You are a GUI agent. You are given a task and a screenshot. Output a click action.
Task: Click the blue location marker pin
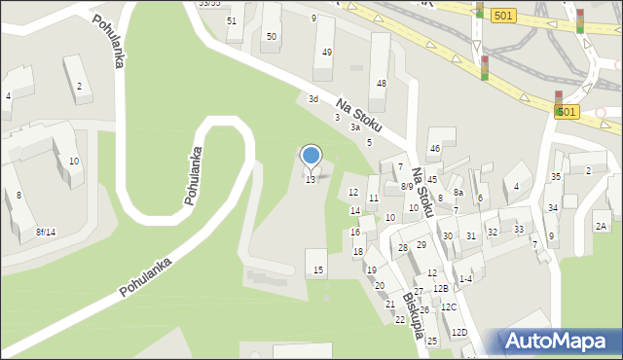pos(311,157)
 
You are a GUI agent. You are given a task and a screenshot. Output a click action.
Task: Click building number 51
pos(231,20)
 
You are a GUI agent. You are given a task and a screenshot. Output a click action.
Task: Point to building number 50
pos(271,36)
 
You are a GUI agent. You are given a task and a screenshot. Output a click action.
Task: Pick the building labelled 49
pos(326,53)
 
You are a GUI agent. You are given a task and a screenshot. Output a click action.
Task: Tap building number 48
pos(382,84)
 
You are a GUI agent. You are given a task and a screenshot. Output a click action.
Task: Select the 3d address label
pos(313,99)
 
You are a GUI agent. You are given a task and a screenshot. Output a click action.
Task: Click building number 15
pos(318,269)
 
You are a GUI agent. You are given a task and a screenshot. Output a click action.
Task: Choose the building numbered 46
pos(435,148)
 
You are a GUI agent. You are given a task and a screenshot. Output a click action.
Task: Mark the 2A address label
pos(602,226)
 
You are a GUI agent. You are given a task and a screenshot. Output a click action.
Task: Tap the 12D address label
pos(458,333)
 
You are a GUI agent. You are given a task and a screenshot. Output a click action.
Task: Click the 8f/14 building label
pos(46,232)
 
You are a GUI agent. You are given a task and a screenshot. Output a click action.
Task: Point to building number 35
pos(556,176)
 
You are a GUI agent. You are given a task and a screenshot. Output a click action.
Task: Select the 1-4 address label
pos(465,279)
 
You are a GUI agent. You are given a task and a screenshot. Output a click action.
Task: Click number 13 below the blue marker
pos(311,180)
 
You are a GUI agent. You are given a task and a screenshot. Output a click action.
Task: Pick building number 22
pos(399,319)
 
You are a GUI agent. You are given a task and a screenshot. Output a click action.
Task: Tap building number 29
pos(421,245)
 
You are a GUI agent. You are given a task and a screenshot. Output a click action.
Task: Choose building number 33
pos(519,230)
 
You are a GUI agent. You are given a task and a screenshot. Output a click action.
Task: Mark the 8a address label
pos(458,194)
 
